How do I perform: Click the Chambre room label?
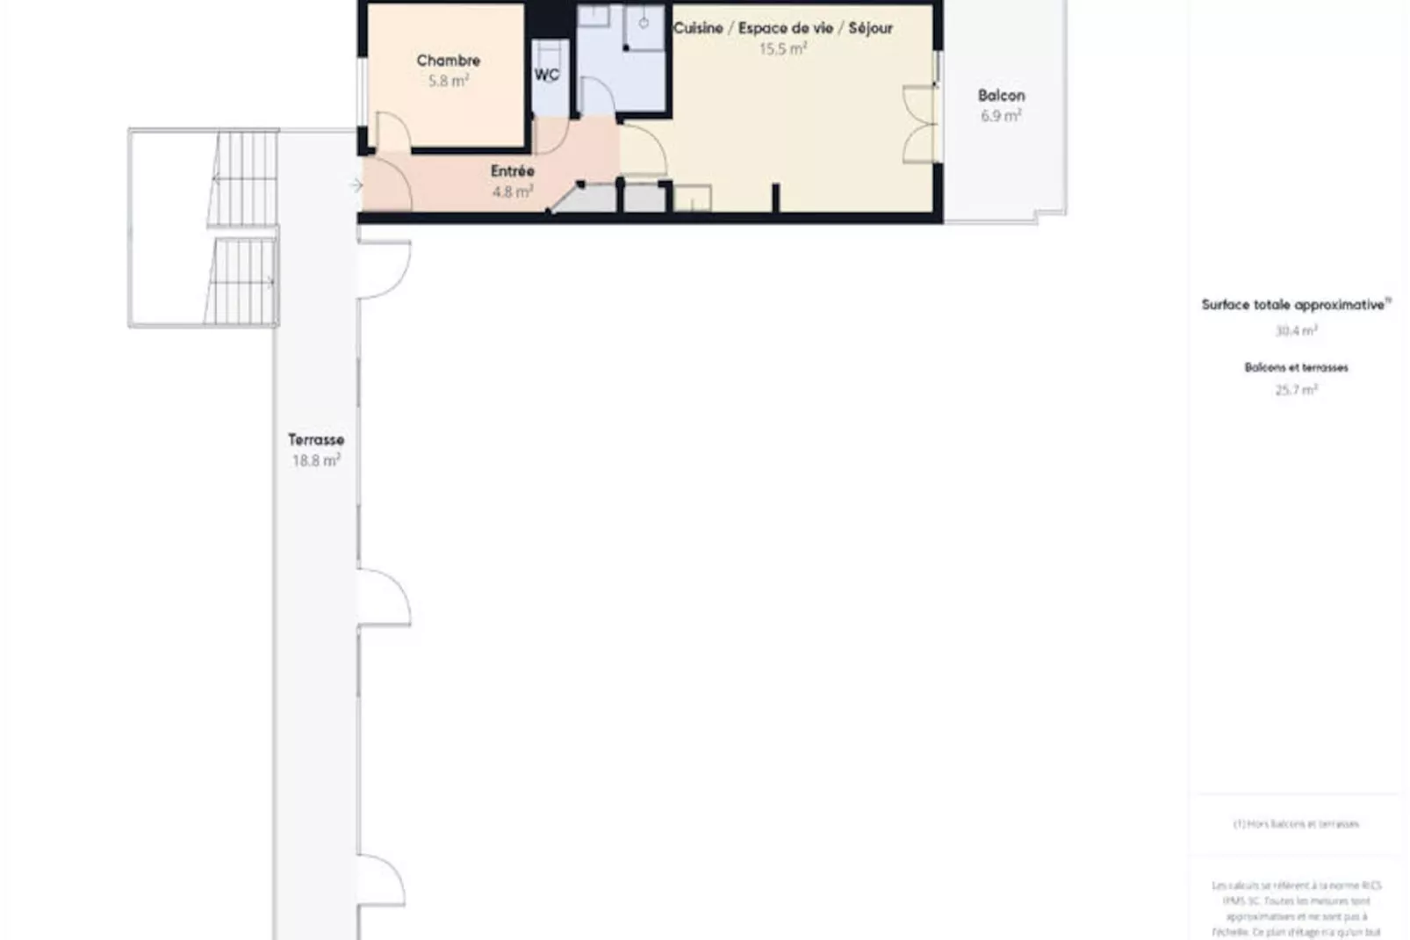click(x=448, y=61)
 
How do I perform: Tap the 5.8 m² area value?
click(x=448, y=81)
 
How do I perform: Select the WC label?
click(x=547, y=75)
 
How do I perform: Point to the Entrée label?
click(x=513, y=171)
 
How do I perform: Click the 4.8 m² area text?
click(x=513, y=192)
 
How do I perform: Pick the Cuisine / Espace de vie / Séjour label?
click(x=783, y=28)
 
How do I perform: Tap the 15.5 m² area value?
click(x=783, y=49)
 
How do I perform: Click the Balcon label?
click(x=1001, y=96)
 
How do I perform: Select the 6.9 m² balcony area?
click(x=1001, y=116)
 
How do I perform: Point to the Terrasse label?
click(x=316, y=440)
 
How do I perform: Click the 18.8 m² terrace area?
click(x=316, y=460)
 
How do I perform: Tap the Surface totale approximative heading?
click(x=1295, y=305)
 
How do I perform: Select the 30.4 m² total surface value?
click(x=1296, y=331)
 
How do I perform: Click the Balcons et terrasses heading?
click(x=1296, y=367)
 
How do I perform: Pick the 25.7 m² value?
click(x=1296, y=390)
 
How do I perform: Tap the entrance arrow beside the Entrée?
click(x=356, y=184)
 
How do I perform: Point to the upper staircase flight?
click(x=244, y=179)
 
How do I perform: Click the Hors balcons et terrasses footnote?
click(x=1296, y=824)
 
